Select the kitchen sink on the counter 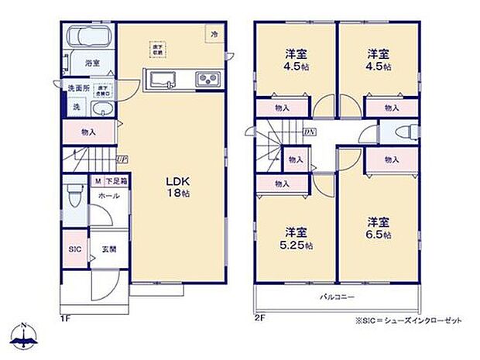164,79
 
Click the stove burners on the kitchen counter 207,79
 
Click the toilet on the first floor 74,198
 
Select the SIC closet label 74,251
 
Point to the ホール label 109,196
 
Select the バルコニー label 338,297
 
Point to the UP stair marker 122,160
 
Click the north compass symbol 25,336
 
